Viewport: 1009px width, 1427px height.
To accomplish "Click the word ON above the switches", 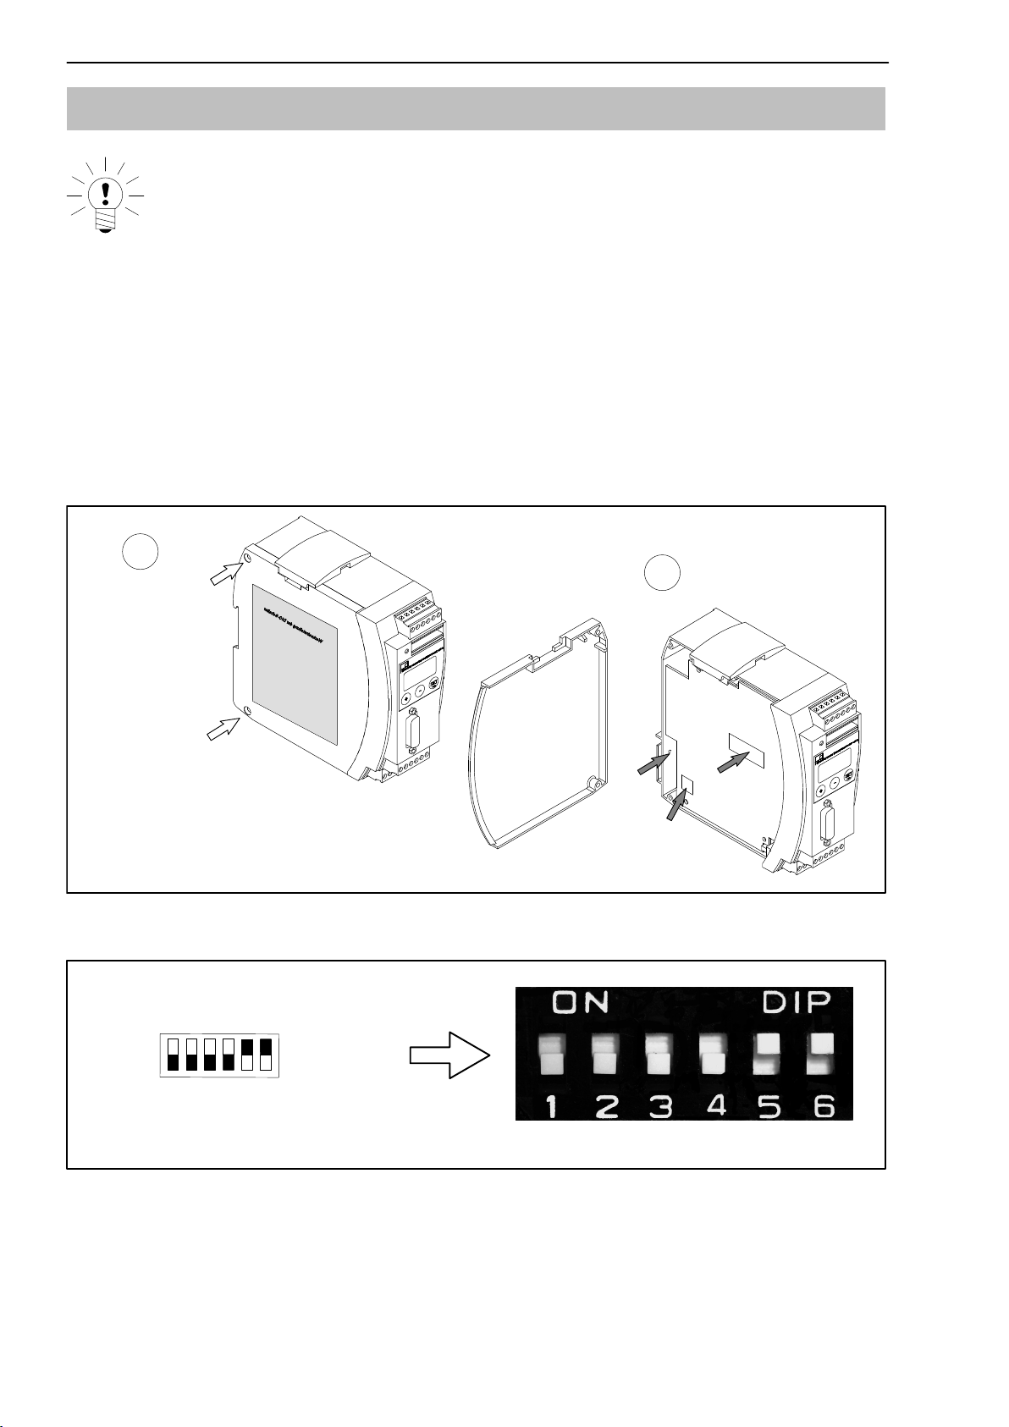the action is pos(580,1003).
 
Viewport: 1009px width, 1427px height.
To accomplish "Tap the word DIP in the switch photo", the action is pos(797,1003).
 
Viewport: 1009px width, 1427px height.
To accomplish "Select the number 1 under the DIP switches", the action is pos(552,1105).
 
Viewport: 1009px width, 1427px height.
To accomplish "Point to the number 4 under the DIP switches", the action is pos(716,1105).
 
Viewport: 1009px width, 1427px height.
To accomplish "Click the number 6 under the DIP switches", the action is pos(824,1105).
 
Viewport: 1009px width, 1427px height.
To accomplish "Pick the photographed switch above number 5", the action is pos(769,1053).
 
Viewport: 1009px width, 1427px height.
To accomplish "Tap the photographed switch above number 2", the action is pos(604,1053).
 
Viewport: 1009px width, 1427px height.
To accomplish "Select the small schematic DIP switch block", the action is pos(219,1055).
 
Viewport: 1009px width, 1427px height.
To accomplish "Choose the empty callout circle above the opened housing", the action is pos(661,574).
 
